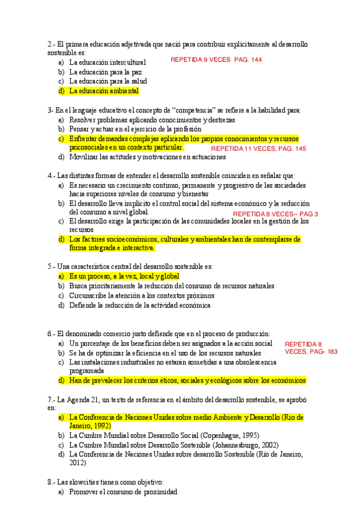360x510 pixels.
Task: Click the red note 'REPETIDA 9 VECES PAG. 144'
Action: [x=216, y=60]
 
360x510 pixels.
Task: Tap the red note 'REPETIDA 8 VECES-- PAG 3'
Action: [x=275, y=214]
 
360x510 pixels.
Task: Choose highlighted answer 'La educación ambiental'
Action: [x=103, y=91]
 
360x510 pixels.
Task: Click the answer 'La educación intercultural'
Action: [x=108, y=62]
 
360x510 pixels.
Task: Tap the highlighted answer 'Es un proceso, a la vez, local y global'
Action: [x=124, y=276]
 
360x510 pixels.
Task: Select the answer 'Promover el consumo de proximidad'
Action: [x=123, y=491]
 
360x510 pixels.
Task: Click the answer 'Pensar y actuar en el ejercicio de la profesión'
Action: [x=135, y=129]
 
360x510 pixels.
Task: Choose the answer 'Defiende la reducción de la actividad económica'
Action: [x=139, y=305]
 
